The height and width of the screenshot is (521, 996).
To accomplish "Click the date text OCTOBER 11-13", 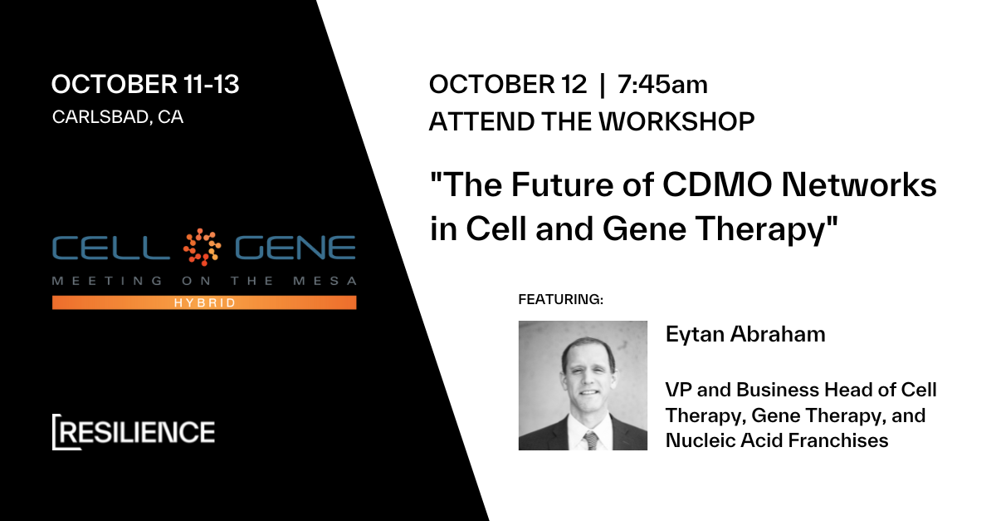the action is click(x=145, y=84).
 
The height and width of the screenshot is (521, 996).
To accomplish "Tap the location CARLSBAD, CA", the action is click(x=118, y=116).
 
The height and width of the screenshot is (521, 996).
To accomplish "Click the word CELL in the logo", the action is click(x=111, y=248).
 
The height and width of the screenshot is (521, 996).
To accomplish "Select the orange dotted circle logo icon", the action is click(x=203, y=247).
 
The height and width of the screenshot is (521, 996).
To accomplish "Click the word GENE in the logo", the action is click(x=295, y=248).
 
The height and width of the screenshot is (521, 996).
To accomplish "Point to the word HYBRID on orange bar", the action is click(x=204, y=302).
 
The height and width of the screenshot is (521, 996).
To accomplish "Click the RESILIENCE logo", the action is click(x=134, y=432).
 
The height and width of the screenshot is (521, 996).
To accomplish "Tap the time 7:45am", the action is click(x=662, y=84).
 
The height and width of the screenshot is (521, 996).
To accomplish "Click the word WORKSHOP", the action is click(x=676, y=121).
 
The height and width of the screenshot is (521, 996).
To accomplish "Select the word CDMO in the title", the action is click(x=717, y=184).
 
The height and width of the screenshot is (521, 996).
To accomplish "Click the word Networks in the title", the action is click(x=859, y=184).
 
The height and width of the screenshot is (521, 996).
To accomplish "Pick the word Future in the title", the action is click(x=562, y=184).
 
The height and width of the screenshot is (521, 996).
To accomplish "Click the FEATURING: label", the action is click(x=561, y=299).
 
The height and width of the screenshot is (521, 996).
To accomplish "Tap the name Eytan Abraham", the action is click(x=745, y=334).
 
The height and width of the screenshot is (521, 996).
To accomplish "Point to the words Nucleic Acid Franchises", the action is click(x=777, y=440).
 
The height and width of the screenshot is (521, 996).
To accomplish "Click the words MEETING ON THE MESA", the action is click(x=204, y=281).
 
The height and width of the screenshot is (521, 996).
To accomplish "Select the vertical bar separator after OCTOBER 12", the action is click(x=602, y=85).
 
